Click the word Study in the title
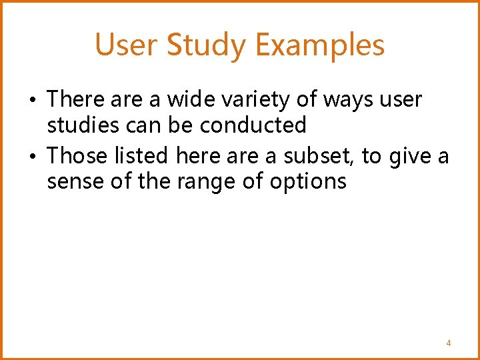207,46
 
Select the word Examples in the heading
320,45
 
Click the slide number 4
449,343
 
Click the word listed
143,156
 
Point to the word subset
321,156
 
